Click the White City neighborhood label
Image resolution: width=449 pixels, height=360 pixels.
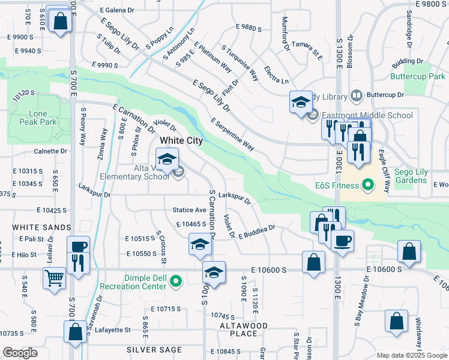coord(181,140)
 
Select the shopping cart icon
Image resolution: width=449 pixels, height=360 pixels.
coord(54,278)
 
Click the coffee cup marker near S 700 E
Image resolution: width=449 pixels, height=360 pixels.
coord(78,247)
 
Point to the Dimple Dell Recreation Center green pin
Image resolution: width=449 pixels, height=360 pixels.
coord(175,280)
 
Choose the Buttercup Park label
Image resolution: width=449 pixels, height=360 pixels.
coord(417,77)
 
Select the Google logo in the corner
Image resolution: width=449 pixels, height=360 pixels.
coord(20,353)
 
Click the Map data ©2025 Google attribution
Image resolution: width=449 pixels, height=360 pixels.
coord(411,355)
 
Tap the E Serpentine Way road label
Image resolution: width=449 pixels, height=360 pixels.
coord(233,134)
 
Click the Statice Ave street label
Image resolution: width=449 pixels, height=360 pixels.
coord(189,210)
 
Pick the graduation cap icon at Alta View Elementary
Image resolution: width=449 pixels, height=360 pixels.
coord(167,159)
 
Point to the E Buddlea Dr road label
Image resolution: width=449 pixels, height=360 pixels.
coord(256,232)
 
